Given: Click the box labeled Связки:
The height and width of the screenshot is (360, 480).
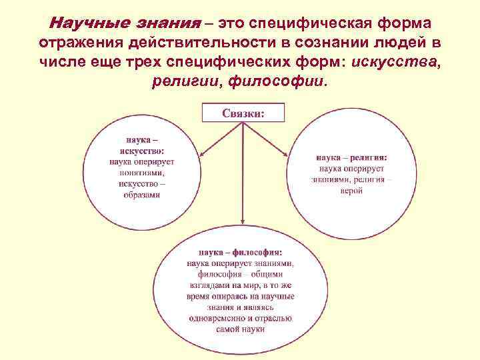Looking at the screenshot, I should tap(243, 113).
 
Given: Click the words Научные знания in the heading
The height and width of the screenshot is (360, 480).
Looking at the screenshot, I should tap(125, 24).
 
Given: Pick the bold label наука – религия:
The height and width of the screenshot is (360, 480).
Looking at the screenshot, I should tap(351, 158).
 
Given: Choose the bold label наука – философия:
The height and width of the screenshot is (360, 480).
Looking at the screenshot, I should tap(241, 253).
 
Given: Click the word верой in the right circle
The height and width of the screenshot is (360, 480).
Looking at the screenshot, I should tap(351, 191).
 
